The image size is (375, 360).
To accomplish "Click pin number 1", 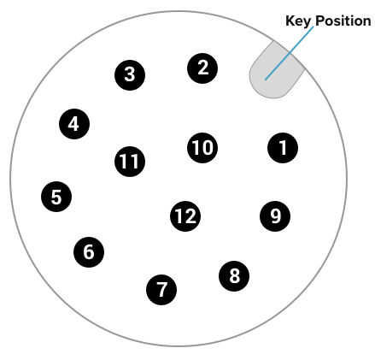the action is [283, 148].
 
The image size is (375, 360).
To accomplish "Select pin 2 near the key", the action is [202, 68].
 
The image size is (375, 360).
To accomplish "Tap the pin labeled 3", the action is [130, 75].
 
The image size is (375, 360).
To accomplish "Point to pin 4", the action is [74, 124].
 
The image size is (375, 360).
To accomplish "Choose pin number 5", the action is [56, 197].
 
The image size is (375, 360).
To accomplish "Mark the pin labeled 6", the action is [89, 252].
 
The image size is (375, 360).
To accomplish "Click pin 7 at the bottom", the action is [161, 290].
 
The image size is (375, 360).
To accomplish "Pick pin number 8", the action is [234, 276].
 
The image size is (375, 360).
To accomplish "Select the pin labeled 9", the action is [275, 216].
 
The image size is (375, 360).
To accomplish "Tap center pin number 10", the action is [202, 148].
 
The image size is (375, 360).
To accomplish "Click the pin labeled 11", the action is [130, 162].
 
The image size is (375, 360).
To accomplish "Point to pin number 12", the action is [185, 216].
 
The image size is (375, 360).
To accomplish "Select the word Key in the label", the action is [298, 21].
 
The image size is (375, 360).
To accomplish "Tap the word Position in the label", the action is [343, 21].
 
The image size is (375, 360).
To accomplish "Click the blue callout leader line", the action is [290, 53].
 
